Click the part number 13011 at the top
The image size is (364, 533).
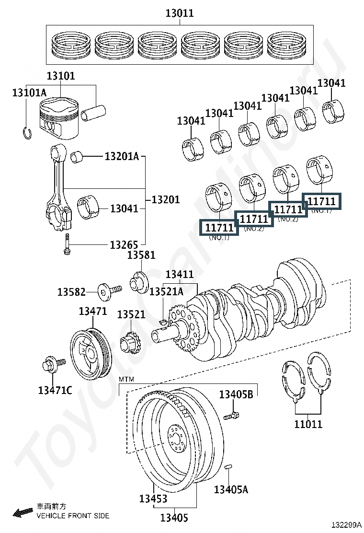(180, 13)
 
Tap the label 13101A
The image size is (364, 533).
(30, 93)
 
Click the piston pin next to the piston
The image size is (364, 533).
(93, 113)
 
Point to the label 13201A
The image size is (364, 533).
(122, 156)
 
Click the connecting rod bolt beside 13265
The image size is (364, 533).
(67, 243)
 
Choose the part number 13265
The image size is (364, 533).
(124, 245)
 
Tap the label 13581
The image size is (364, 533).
(141, 255)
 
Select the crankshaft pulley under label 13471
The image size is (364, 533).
(91, 352)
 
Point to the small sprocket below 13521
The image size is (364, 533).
(130, 344)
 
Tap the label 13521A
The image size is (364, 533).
(166, 291)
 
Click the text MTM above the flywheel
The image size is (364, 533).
(126, 379)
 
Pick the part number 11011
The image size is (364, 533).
(308, 424)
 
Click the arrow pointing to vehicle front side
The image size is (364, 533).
(23, 512)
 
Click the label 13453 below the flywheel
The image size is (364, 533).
(153, 498)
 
